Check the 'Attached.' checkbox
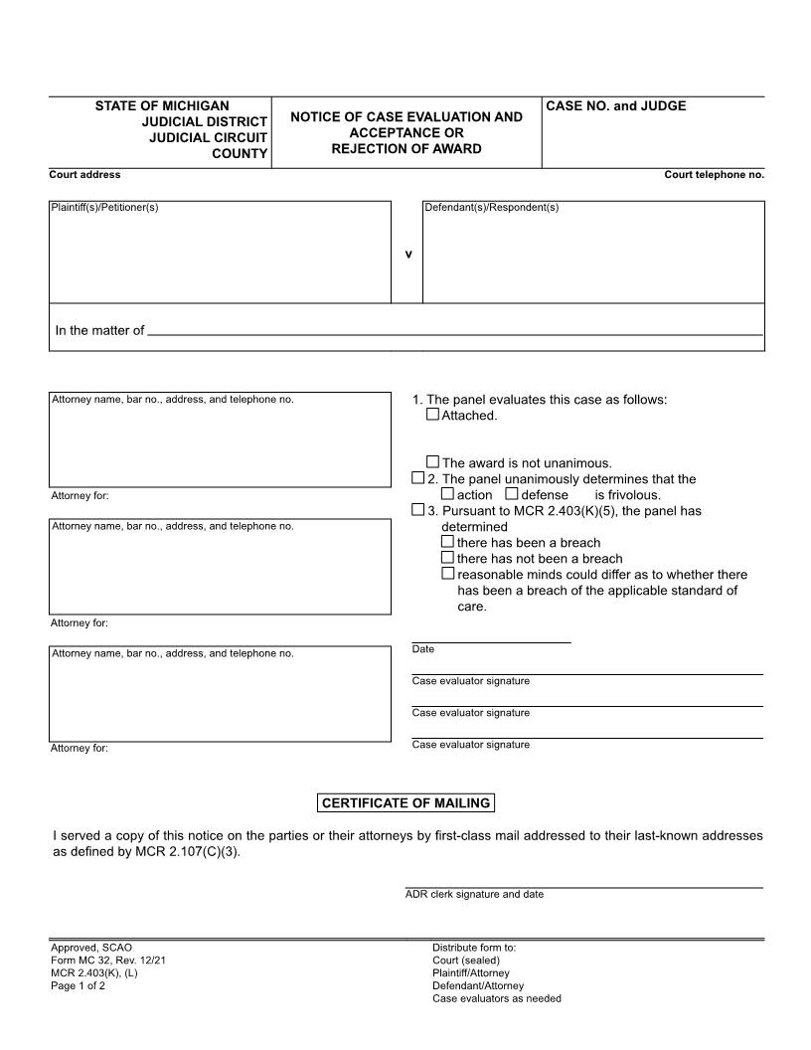click(x=432, y=415)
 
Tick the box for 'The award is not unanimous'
click(x=432, y=461)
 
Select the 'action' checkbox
click(x=447, y=493)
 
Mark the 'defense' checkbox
click(x=512, y=493)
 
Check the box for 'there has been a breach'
click(x=447, y=542)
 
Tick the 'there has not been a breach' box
click(x=447, y=558)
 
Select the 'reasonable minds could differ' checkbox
click(x=447, y=574)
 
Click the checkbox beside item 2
click(x=417, y=478)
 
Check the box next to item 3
click(x=417, y=510)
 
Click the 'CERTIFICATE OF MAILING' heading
click(x=405, y=803)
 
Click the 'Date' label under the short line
click(x=423, y=649)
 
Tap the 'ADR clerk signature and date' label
click(x=474, y=894)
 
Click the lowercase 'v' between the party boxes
click(x=407, y=254)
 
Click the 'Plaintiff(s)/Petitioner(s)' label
click(x=105, y=208)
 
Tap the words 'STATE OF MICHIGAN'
click(x=162, y=105)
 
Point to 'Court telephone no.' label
click(x=714, y=175)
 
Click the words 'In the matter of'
click(x=99, y=331)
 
